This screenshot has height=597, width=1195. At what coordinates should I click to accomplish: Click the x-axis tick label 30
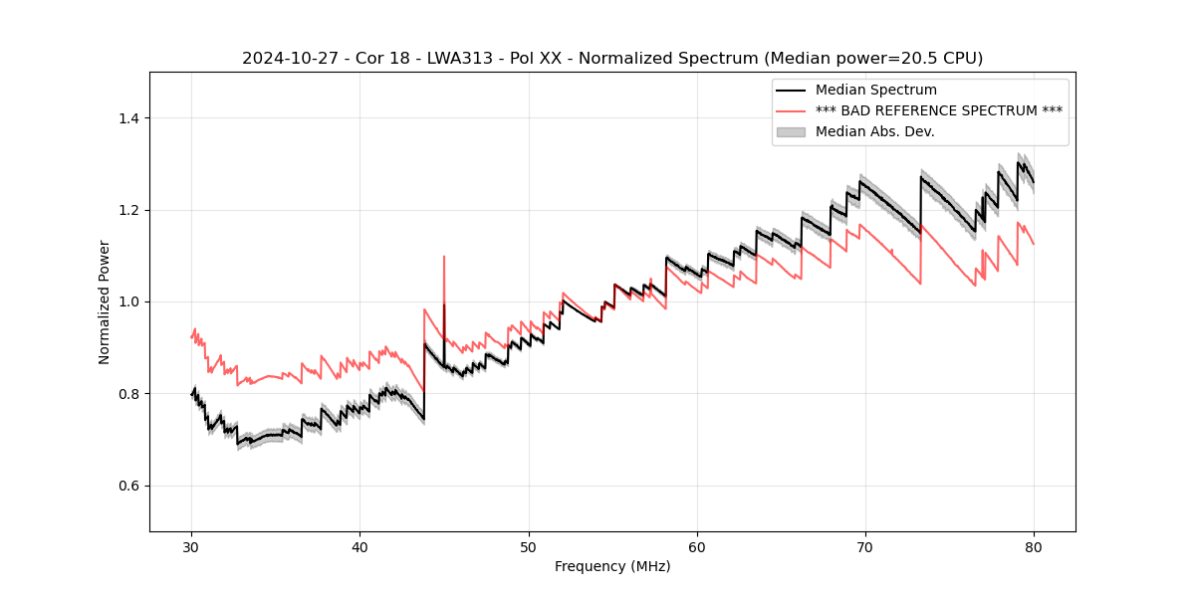(x=191, y=546)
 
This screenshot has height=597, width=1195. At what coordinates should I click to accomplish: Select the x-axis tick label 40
(x=359, y=546)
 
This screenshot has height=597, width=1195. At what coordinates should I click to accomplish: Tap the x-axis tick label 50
(x=528, y=546)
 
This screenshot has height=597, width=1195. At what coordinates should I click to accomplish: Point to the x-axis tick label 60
(x=697, y=546)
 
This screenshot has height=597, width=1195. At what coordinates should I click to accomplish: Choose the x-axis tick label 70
(x=865, y=546)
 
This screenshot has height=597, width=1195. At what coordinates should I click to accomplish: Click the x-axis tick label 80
(x=1034, y=546)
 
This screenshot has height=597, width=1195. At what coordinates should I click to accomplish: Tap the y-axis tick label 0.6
(x=127, y=486)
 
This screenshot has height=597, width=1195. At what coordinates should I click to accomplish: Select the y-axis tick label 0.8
(x=127, y=394)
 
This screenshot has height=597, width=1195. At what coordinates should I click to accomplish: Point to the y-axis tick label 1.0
(x=127, y=301)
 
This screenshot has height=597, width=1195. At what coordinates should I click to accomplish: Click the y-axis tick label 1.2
(x=127, y=210)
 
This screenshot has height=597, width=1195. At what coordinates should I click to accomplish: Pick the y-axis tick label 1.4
(x=127, y=118)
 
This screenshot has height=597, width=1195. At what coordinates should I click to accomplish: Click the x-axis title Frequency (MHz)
(x=612, y=566)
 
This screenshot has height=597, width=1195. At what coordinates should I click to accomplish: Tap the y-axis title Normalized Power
(x=104, y=301)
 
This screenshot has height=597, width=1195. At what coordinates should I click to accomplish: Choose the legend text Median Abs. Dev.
(x=874, y=131)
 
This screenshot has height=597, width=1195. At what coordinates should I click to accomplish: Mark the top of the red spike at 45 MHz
(x=444, y=257)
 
